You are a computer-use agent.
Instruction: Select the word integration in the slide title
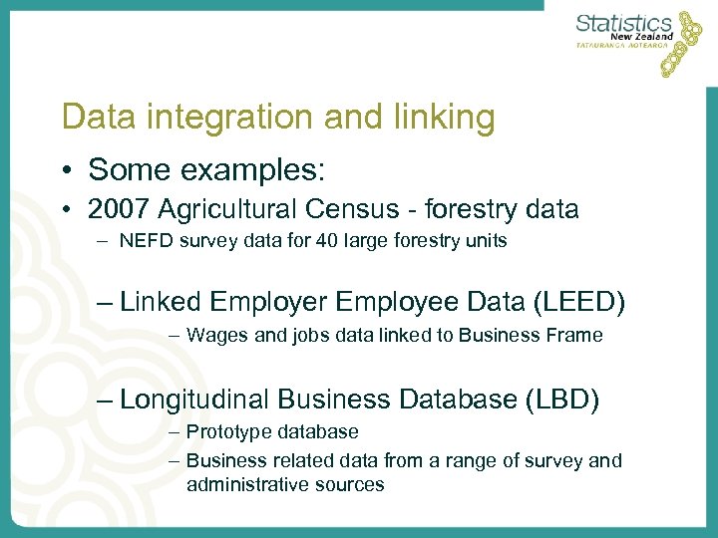[206, 118]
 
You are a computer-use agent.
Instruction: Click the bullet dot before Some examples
[67, 170]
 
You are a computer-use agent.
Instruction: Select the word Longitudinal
[194, 400]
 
